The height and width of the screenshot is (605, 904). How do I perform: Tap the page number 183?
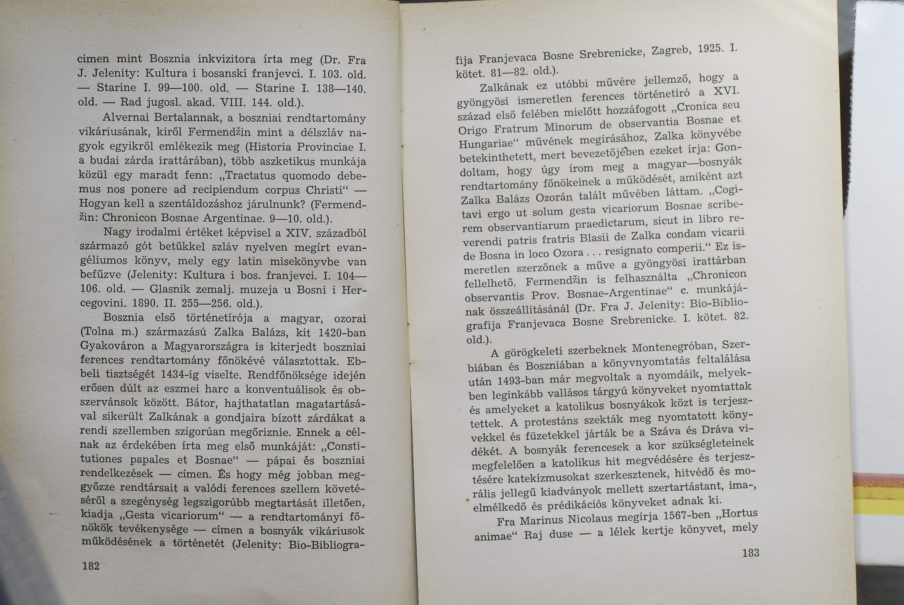point(750,553)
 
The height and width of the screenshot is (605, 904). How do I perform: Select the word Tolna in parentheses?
point(98,332)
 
